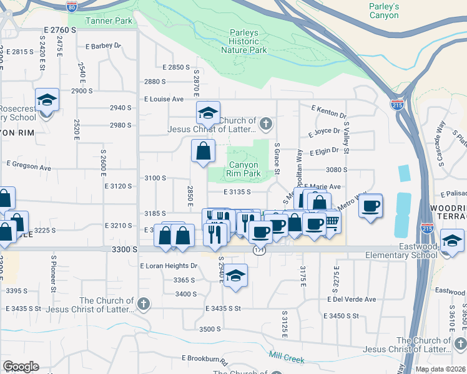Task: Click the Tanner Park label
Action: tap(110, 21)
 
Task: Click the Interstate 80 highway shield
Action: tap(72, 6)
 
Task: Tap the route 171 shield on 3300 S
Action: tap(258, 249)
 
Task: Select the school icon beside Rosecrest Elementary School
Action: tap(46, 100)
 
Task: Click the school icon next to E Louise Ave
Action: tap(208, 113)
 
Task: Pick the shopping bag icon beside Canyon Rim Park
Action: tap(203, 151)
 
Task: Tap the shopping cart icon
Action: tap(332, 223)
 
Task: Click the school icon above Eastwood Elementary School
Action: tap(453, 240)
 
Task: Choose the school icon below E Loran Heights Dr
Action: tap(235, 275)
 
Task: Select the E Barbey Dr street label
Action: tap(103, 46)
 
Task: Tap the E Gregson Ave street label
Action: tap(28, 165)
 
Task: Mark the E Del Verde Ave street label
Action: tap(351, 299)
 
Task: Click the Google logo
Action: tap(21, 367)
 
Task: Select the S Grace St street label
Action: tap(276, 158)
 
